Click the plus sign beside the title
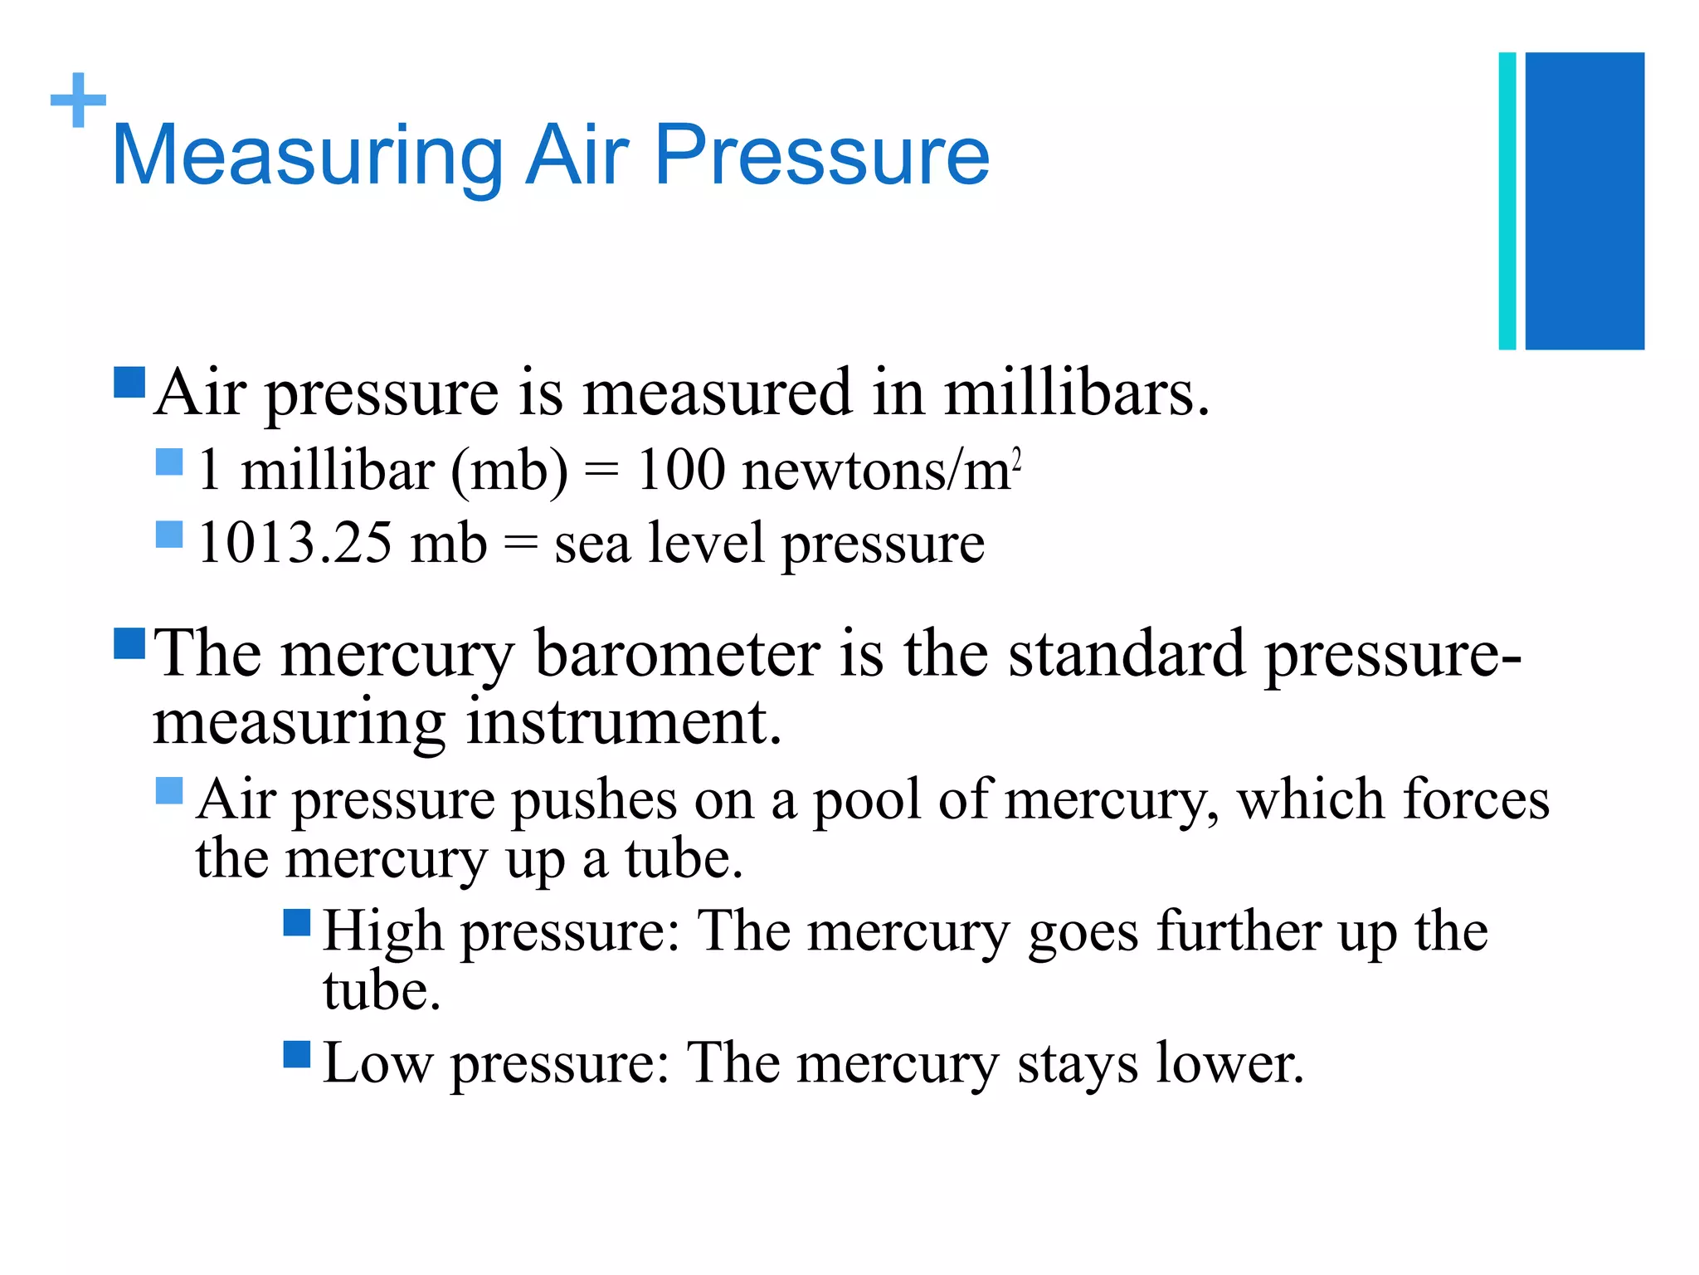click(78, 100)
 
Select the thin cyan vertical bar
click(1507, 201)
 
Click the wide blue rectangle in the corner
click(1585, 201)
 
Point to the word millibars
click(1076, 393)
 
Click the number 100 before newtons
click(679, 471)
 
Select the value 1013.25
click(295, 544)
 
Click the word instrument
click(623, 722)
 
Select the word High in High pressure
click(382, 932)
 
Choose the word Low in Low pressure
click(377, 1063)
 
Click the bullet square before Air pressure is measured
click(129, 383)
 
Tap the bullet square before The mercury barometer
click(129, 643)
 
